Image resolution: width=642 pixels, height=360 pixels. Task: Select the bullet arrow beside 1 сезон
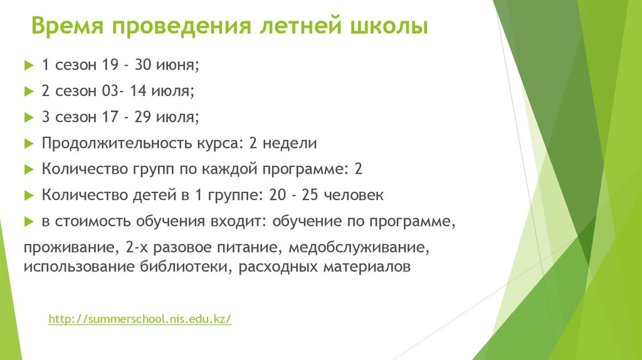coord(28,65)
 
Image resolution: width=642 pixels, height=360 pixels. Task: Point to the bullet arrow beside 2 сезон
coord(28,91)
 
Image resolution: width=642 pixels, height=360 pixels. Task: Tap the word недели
coord(290,144)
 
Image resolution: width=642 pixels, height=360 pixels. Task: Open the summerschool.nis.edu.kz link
coord(140,319)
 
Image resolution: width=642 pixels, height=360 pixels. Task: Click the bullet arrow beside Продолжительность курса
coord(28,144)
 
